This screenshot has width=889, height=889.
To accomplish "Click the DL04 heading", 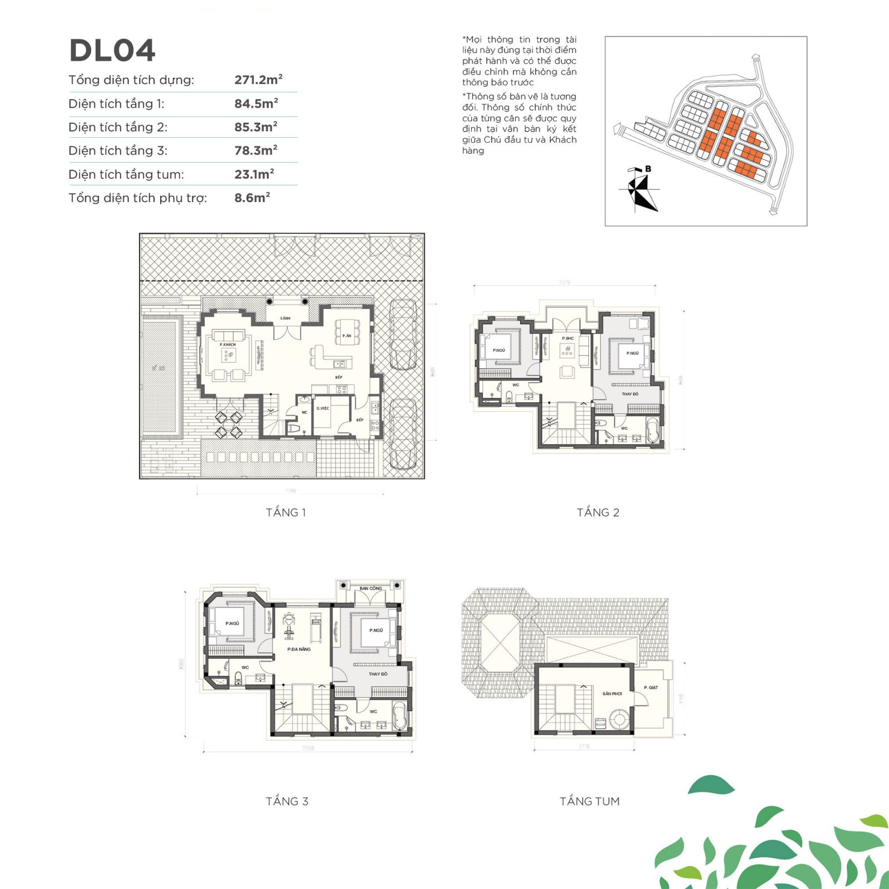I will (112, 51).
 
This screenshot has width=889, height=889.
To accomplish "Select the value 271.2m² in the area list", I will (258, 79).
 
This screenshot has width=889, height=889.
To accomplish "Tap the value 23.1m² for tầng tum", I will (254, 174).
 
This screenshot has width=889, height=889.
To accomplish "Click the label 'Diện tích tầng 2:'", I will (118, 127).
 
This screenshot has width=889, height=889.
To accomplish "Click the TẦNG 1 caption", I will (286, 512).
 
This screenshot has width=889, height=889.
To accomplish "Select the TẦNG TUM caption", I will (590, 801).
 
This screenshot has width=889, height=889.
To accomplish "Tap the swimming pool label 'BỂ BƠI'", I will (158, 368).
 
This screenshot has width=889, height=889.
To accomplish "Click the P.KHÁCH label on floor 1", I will (227, 344).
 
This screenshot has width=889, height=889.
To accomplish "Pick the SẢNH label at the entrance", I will (285, 318).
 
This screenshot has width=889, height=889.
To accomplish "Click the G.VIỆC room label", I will (323, 408).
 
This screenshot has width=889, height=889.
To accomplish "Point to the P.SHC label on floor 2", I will (567, 338).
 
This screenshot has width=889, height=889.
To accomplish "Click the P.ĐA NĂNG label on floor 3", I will (299, 649).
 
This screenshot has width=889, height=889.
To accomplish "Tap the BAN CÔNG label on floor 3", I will (371, 588).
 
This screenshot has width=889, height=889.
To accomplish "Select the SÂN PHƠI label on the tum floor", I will (612, 693).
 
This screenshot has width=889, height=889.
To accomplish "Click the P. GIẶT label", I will (651, 687).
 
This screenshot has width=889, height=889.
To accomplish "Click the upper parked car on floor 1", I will (403, 334).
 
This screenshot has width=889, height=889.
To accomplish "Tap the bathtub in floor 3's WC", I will (398, 716).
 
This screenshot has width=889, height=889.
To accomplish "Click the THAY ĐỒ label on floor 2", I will (630, 394).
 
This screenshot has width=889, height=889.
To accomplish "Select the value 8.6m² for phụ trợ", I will (252, 198).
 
